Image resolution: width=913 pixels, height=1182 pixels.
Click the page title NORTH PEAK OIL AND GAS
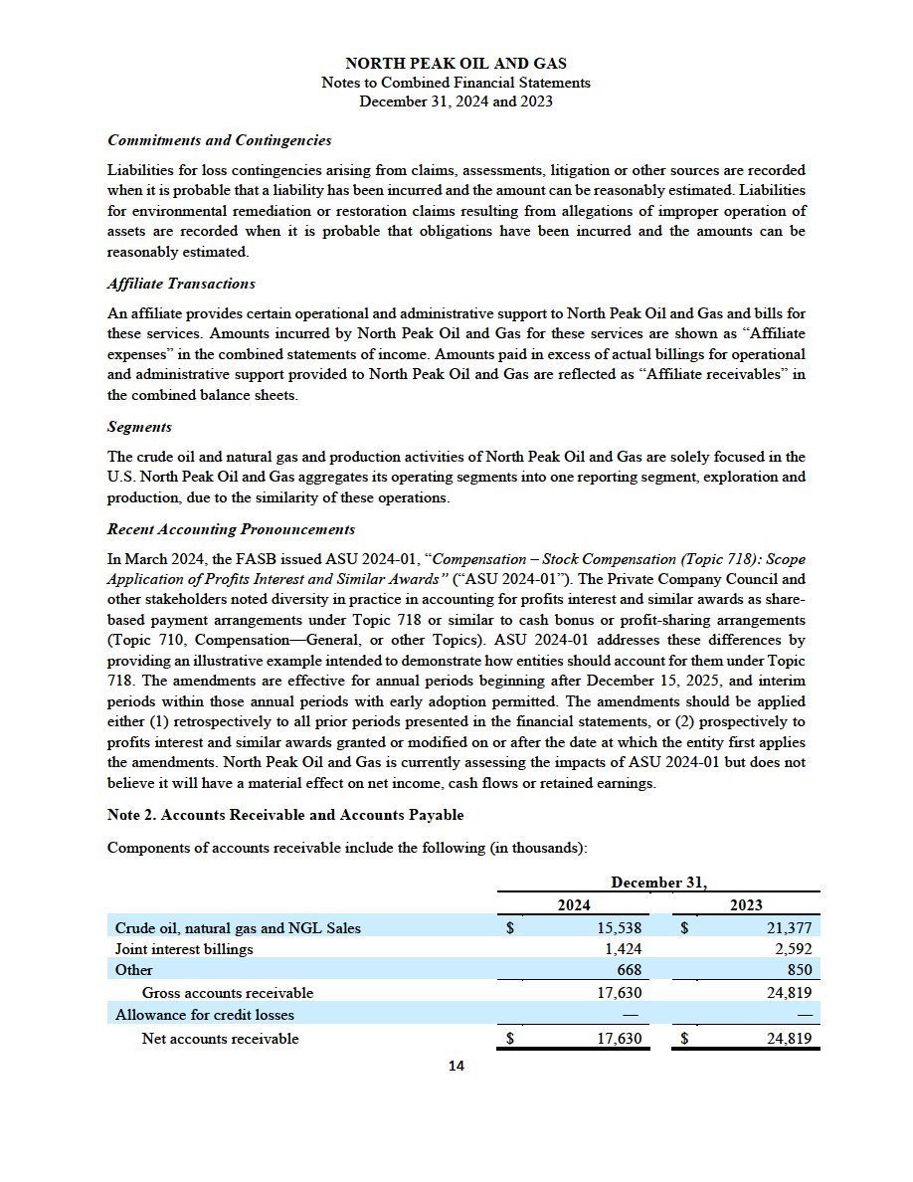point(456,64)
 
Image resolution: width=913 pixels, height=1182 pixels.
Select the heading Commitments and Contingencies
point(219,140)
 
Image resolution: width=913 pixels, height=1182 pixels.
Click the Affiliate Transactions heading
point(181,284)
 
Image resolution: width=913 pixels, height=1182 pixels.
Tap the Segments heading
point(139,427)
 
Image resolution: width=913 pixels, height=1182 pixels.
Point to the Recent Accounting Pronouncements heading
point(231,529)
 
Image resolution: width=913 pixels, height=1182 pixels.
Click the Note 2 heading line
point(284,815)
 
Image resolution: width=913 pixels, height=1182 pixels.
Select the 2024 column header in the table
point(573,904)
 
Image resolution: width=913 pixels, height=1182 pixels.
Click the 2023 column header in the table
point(746,904)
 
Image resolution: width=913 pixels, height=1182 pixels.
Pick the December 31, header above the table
point(658,883)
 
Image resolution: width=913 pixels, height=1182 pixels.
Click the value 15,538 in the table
point(617,928)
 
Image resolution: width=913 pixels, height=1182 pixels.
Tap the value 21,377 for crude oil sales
point(788,928)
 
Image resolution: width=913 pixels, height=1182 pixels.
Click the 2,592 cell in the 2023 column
point(793,949)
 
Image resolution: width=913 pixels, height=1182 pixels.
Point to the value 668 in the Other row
point(629,970)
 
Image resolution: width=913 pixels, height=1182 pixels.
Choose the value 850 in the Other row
point(799,970)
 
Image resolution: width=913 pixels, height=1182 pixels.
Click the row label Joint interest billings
point(184,949)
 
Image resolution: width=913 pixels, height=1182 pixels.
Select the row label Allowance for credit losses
point(205,1015)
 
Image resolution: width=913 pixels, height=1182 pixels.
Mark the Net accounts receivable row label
point(220,1039)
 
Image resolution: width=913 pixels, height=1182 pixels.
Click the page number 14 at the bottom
point(456,1067)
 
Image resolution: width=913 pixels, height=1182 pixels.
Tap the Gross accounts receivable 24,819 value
point(788,993)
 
